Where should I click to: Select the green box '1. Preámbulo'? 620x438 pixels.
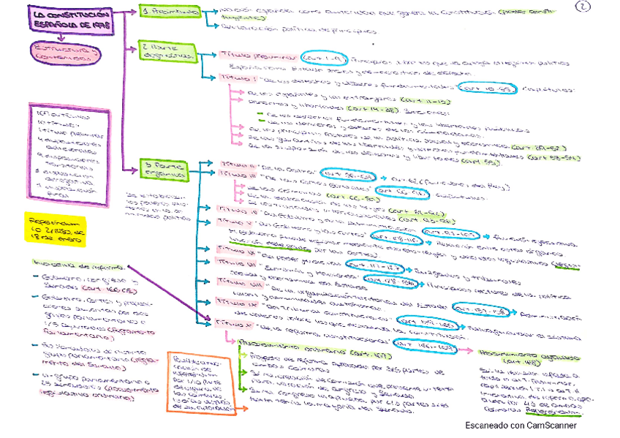tap(170, 13)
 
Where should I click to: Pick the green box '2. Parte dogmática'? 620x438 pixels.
tap(169, 53)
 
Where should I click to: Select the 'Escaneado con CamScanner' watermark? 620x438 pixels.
tap(520, 426)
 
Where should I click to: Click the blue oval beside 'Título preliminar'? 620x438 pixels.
tap(321, 57)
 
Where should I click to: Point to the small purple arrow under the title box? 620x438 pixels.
tap(56, 36)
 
